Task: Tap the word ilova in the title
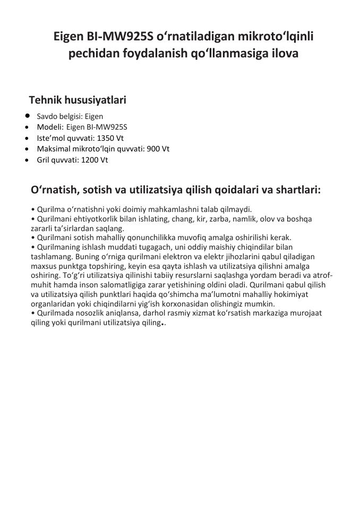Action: (284, 54)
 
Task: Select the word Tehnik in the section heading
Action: (45, 100)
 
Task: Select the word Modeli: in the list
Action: (50, 127)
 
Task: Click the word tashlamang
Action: (49, 257)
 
